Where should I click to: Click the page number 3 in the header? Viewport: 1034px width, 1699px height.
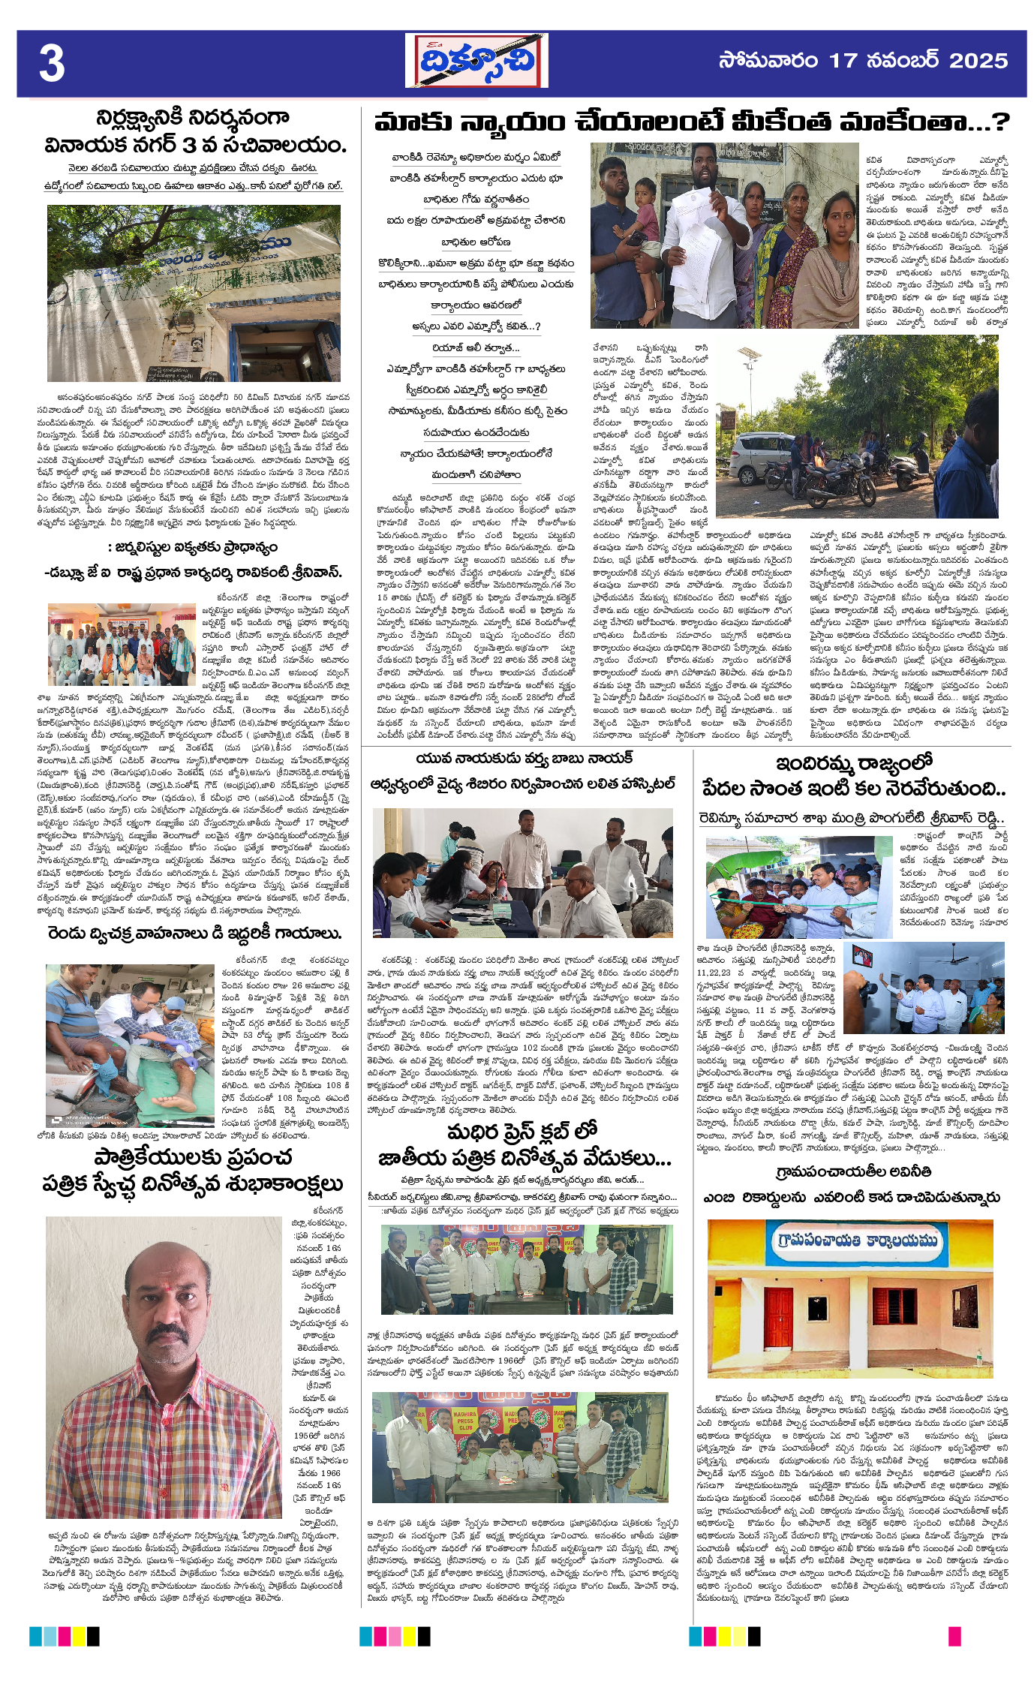[x=52, y=64]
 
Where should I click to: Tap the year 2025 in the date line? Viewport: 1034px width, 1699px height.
[x=978, y=61]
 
